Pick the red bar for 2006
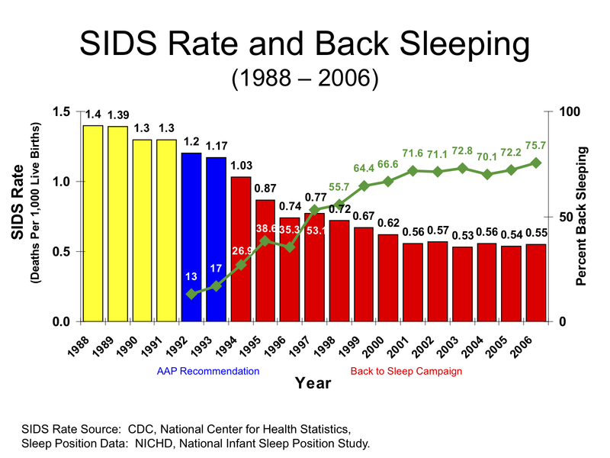(x=536, y=282)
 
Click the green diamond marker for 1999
(x=364, y=186)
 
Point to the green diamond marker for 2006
(x=536, y=163)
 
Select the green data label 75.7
(x=536, y=146)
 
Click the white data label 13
(x=191, y=276)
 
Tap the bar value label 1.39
(x=117, y=115)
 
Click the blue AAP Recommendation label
(x=208, y=371)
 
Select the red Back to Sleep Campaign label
(x=406, y=371)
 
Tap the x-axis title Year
(x=313, y=383)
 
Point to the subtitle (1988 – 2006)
(x=305, y=79)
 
